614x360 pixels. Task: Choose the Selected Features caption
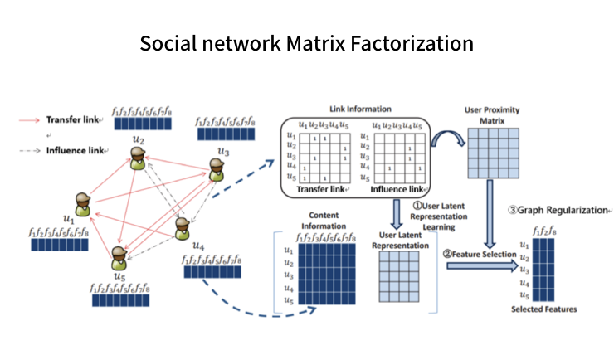[x=543, y=309]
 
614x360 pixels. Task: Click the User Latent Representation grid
[x=400, y=281]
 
